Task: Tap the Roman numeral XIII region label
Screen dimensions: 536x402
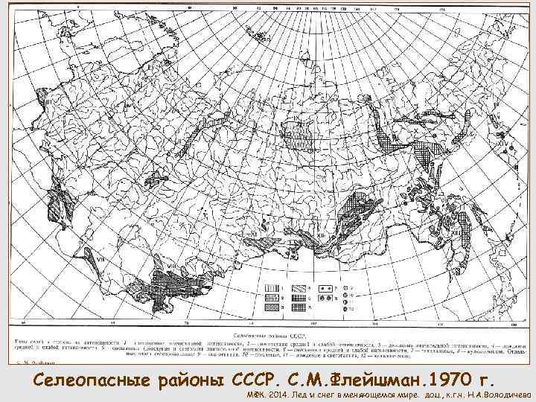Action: [322, 236]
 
